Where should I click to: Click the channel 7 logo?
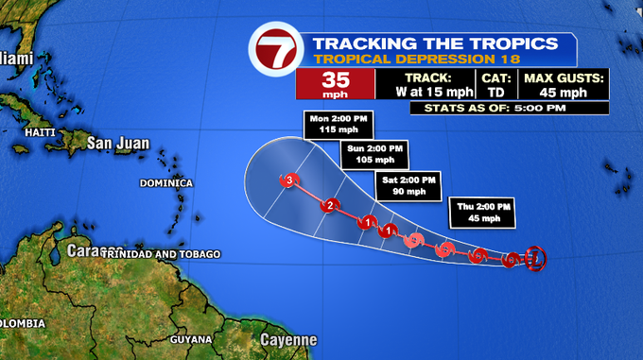tap(274, 52)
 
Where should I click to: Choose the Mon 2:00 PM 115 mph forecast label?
tap(339, 124)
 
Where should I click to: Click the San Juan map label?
tap(118, 144)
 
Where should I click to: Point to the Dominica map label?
tap(165, 182)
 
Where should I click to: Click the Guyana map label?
tap(191, 339)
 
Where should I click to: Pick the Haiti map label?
tap(41, 133)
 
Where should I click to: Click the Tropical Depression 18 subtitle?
tap(392, 60)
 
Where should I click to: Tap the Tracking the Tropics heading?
tap(435, 43)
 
